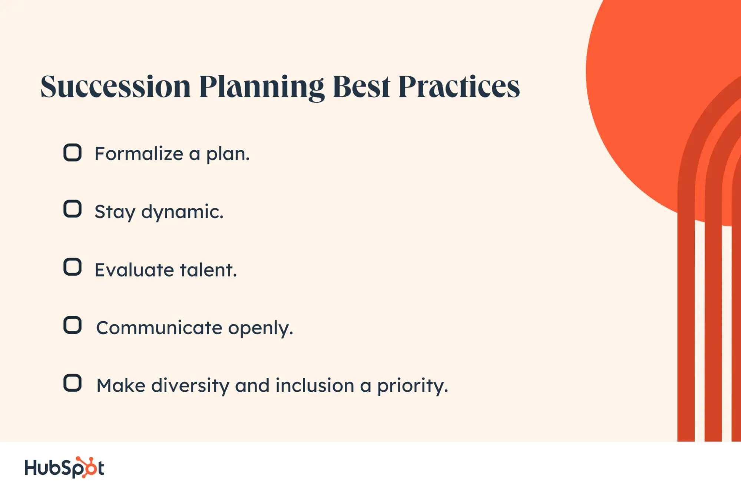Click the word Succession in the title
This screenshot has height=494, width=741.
(x=116, y=87)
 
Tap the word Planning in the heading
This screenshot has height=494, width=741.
(x=262, y=88)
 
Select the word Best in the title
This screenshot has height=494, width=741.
(x=362, y=87)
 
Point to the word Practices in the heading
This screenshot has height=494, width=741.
(x=459, y=87)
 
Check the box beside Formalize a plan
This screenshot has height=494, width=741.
(x=72, y=152)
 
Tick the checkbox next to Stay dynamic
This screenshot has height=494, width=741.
(x=72, y=209)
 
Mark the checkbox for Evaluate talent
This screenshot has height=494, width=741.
(x=72, y=267)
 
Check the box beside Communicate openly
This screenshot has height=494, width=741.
(x=72, y=325)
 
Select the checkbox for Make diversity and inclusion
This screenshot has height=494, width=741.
(x=72, y=383)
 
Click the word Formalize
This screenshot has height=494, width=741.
(x=139, y=153)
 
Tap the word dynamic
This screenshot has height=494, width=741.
(x=182, y=212)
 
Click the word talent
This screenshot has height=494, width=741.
(x=208, y=270)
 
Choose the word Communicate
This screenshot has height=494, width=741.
(x=159, y=328)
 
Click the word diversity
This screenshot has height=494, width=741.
(x=191, y=386)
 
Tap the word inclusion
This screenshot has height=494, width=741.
(x=315, y=385)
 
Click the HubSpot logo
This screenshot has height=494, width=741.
(x=64, y=467)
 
